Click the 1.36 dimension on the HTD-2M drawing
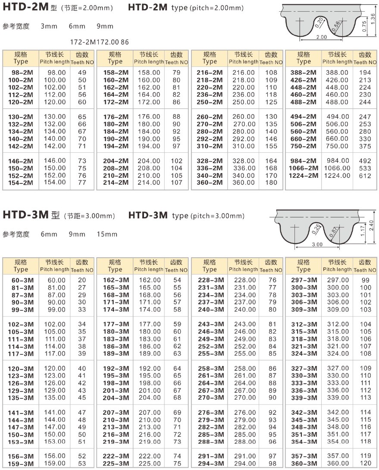373,19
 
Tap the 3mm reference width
49,26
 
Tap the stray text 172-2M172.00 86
99,42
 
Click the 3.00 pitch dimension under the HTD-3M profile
317,244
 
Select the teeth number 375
365,146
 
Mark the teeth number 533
365,168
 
